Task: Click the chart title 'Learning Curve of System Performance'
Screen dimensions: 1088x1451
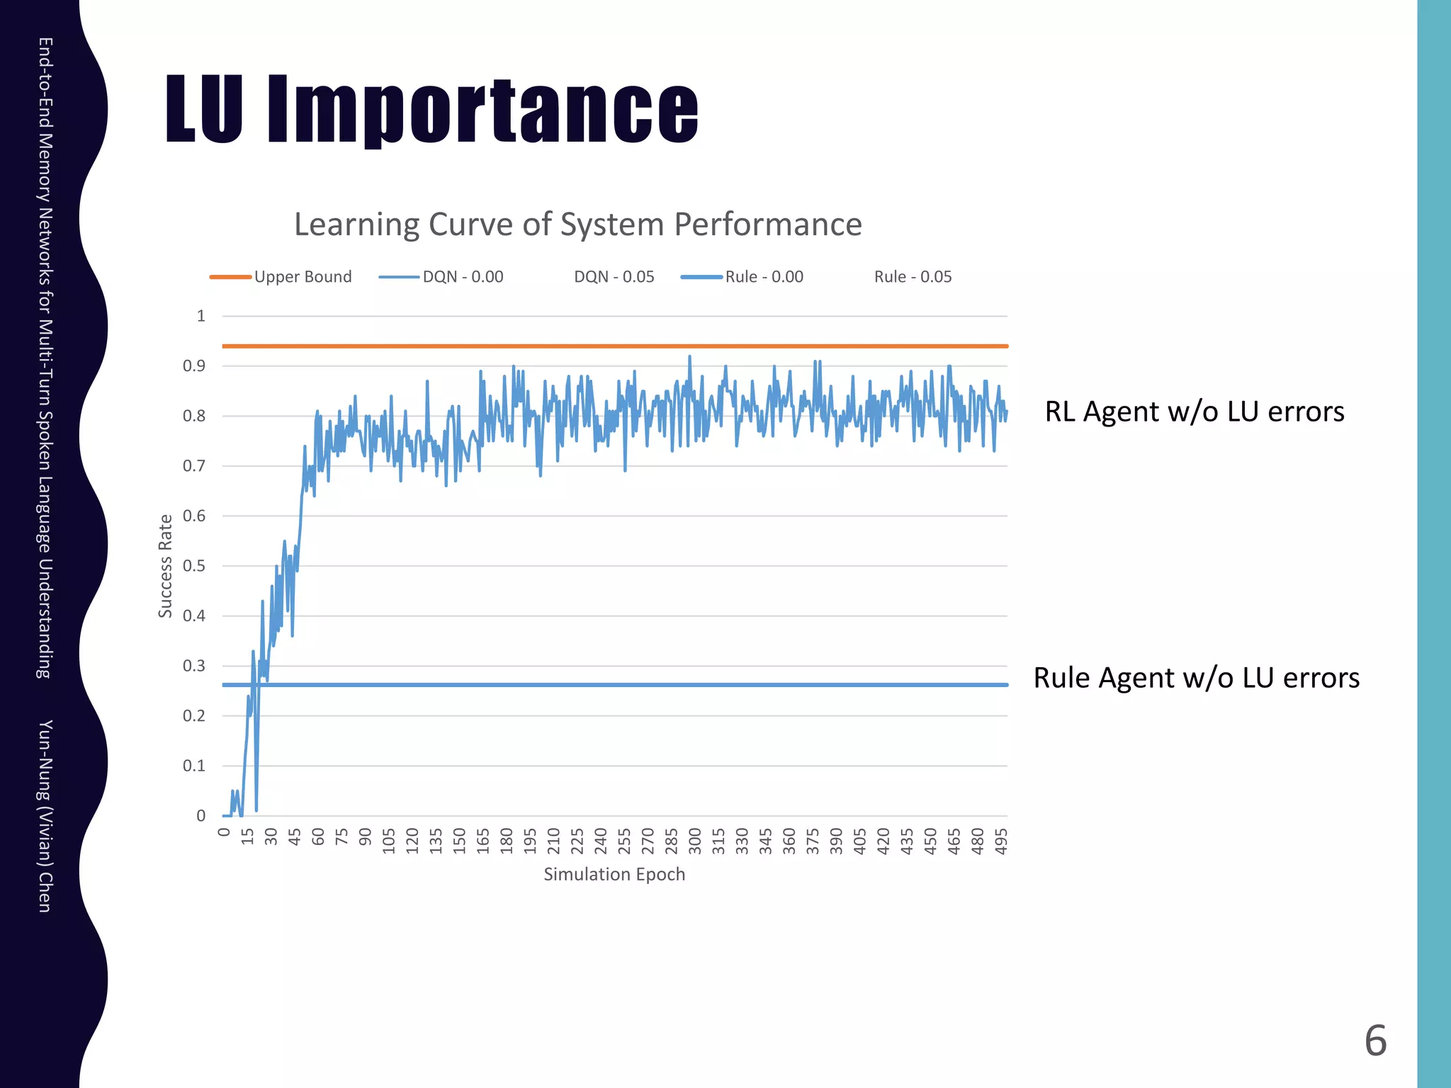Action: (577, 225)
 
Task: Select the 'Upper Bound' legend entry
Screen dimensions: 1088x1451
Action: (303, 277)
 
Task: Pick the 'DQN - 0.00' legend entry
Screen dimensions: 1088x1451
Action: (463, 277)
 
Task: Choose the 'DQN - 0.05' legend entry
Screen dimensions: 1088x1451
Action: (614, 277)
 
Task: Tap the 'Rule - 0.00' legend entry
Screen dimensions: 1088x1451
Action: (764, 277)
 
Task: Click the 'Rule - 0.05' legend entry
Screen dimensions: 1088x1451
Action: (913, 277)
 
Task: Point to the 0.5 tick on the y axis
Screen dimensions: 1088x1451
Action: (194, 566)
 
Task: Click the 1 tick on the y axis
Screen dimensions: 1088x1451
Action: (201, 316)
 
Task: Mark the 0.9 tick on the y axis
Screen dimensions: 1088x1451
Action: (194, 366)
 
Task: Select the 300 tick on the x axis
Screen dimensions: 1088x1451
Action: (695, 841)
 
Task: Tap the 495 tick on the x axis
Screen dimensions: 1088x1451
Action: (1001, 841)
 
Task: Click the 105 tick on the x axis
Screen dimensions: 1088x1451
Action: (389, 841)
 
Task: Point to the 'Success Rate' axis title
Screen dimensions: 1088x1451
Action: (165, 566)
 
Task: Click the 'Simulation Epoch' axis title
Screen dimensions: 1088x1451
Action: (614, 875)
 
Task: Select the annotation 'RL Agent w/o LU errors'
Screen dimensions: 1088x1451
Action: (1195, 412)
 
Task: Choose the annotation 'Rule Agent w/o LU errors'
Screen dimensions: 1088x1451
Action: (1196, 678)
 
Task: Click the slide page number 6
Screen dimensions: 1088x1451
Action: (1375, 1041)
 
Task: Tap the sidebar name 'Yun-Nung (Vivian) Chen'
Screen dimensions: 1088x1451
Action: (45, 816)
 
